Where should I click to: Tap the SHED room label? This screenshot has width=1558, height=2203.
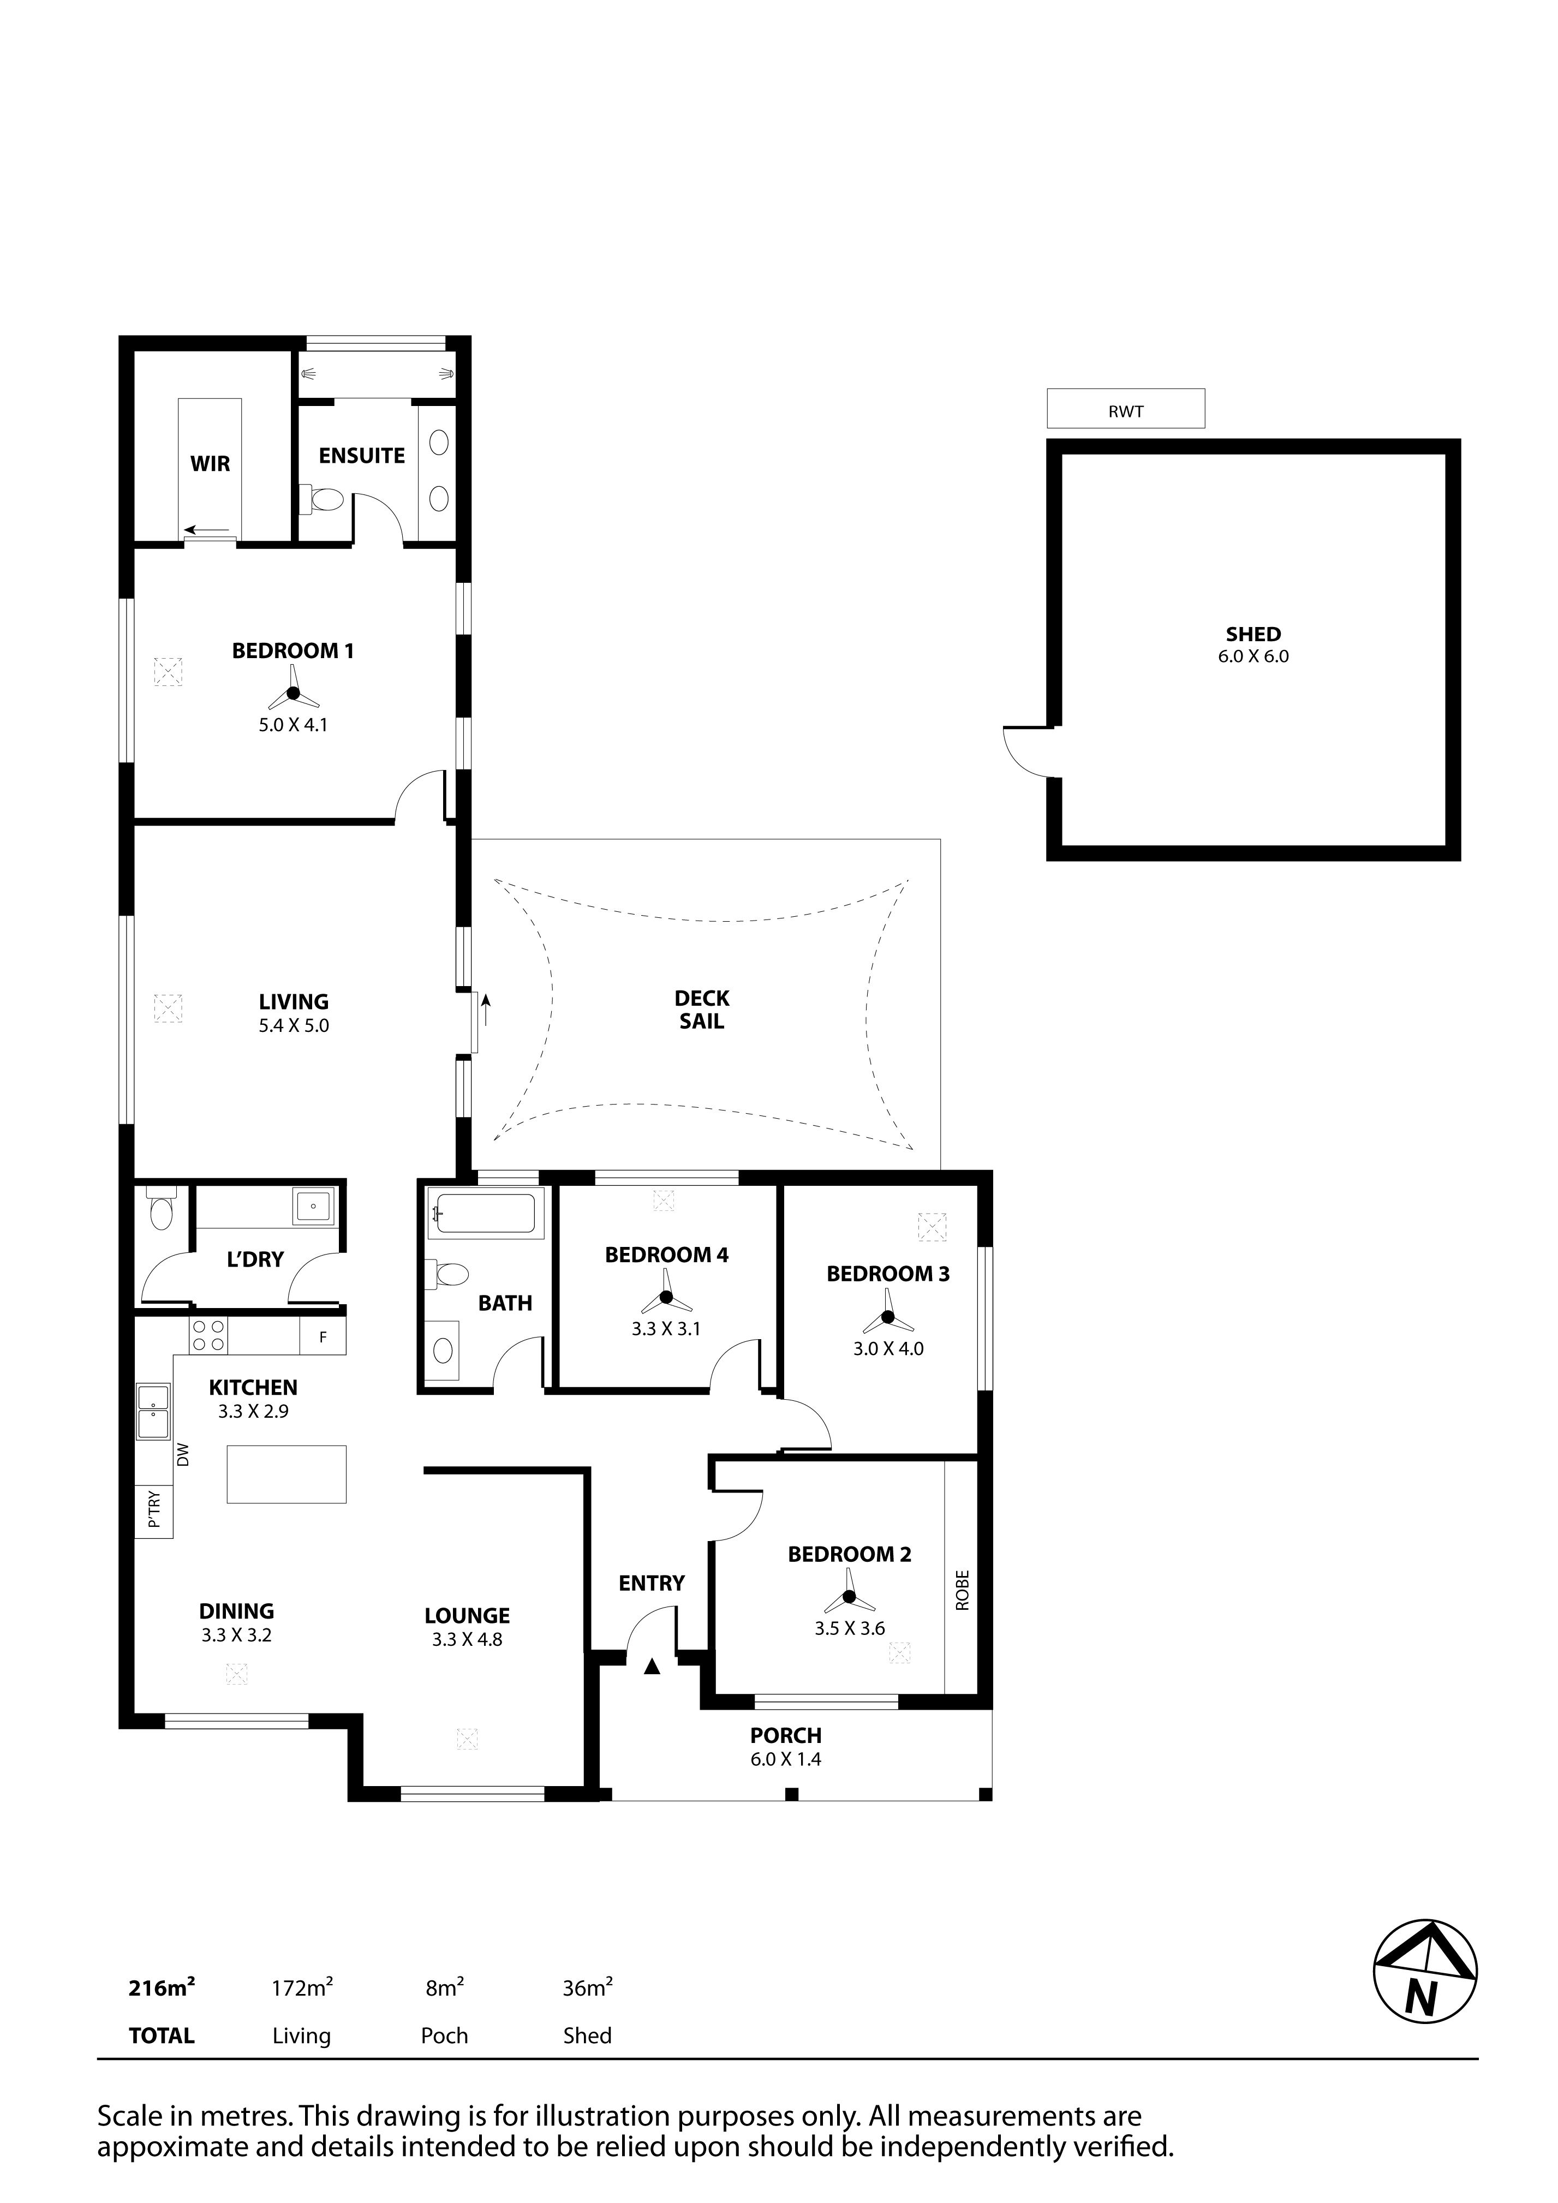point(1253,634)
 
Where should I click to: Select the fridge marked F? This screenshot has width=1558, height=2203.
point(323,1336)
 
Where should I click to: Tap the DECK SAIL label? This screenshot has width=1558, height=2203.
point(702,1010)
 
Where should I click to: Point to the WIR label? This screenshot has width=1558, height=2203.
point(210,464)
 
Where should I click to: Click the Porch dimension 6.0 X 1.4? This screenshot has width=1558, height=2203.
point(786,1760)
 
